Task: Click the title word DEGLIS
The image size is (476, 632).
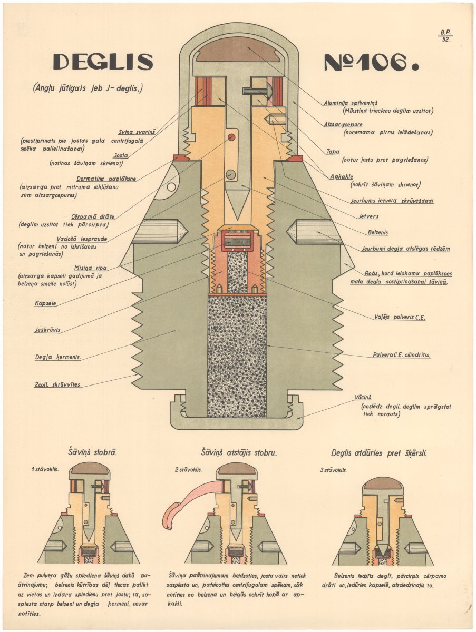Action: tap(103, 62)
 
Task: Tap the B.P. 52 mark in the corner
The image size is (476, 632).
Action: tap(445, 35)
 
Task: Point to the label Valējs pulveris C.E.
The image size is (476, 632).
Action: tap(399, 318)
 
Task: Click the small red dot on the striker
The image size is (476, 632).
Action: tap(231, 137)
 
